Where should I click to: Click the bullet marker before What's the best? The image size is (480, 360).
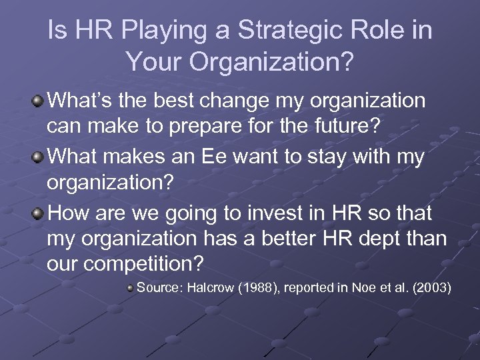[39, 101]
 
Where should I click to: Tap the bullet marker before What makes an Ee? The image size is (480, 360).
[39, 157]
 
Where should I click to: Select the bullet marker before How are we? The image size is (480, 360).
[39, 213]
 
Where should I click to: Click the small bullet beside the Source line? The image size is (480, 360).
[131, 288]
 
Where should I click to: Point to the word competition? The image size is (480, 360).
[149, 264]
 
